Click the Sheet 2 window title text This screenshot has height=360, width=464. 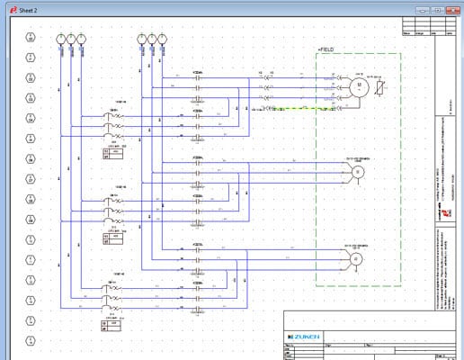[x=30, y=8]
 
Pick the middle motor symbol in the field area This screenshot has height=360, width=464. [x=356, y=170]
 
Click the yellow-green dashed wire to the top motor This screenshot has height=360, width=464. [x=288, y=108]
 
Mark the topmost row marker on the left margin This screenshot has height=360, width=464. [x=31, y=38]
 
